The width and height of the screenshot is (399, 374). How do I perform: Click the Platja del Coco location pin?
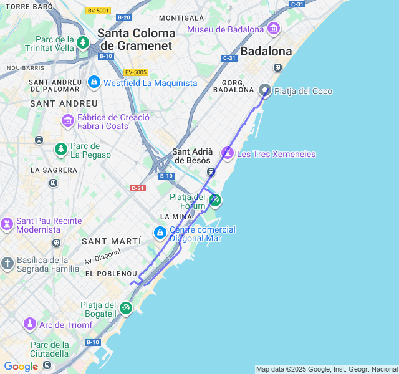(265, 91)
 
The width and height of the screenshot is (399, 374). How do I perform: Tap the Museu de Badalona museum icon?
(273, 29)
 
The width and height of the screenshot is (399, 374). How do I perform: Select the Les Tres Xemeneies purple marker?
(228, 153)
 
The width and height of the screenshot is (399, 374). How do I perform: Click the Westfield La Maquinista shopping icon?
(94, 82)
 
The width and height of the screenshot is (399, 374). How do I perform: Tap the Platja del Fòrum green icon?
(215, 200)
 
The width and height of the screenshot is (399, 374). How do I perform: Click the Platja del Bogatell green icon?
(126, 308)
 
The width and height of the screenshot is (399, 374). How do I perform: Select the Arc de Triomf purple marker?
(29, 324)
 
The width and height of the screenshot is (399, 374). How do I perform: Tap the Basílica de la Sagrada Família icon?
(7, 264)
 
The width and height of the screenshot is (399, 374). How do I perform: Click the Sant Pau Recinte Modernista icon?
(7, 224)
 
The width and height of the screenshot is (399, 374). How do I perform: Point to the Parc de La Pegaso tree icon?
(60, 149)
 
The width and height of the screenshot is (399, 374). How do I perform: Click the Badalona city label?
(266, 51)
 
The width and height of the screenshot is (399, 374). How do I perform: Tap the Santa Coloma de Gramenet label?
(137, 39)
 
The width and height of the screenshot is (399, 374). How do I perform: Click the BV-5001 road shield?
(98, 11)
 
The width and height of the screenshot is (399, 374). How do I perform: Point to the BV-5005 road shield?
(135, 72)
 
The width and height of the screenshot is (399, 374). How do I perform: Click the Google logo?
(21, 367)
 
